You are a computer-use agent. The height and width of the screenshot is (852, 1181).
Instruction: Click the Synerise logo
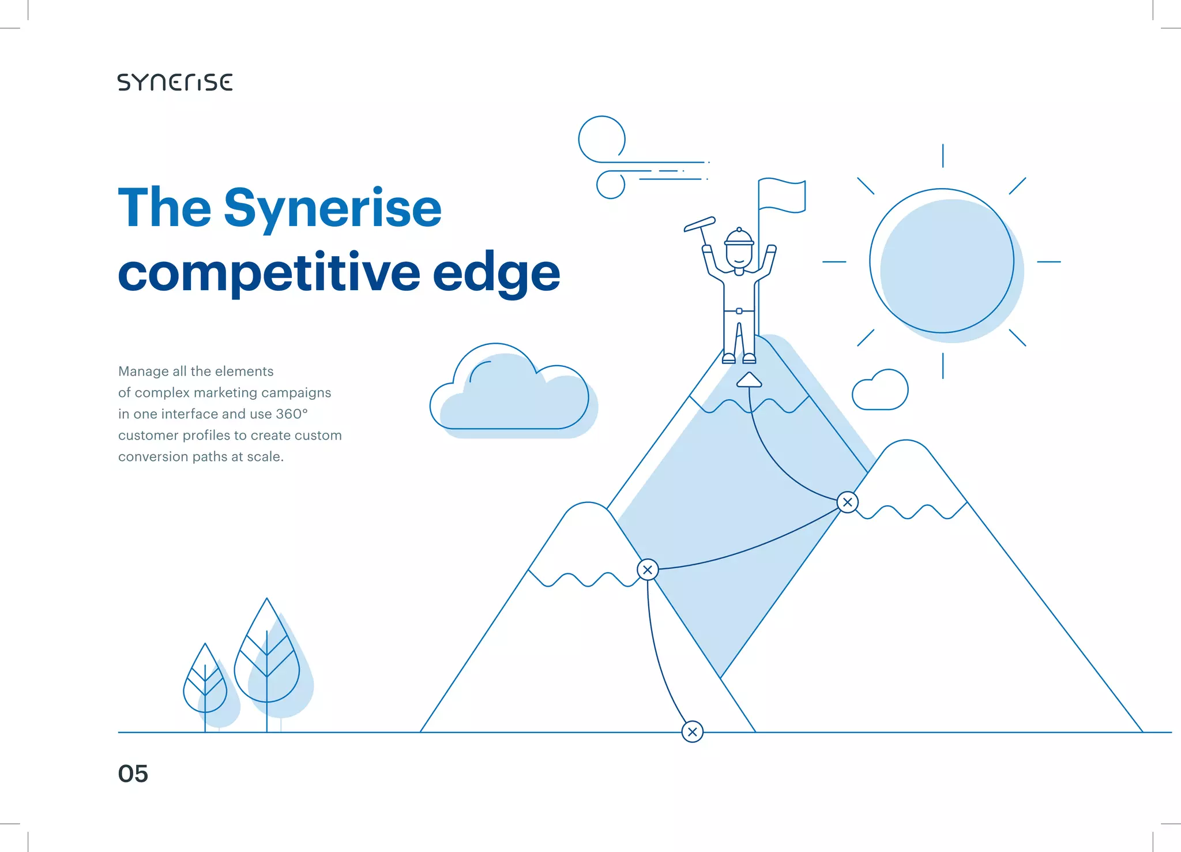[x=175, y=82]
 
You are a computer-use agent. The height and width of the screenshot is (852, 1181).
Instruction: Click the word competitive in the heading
[x=269, y=273]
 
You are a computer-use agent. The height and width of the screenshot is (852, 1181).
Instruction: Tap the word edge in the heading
[x=496, y=273]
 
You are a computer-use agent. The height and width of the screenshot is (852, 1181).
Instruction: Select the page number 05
[x=133, y=774]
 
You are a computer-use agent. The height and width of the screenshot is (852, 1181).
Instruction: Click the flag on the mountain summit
[x=782, y=195]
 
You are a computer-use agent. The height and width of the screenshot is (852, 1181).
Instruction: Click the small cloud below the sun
[x=881, y=391]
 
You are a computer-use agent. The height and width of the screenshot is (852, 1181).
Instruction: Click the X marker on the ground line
[x=692, y=732]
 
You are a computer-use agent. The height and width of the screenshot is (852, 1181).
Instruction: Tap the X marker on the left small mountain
[x=648, y=570]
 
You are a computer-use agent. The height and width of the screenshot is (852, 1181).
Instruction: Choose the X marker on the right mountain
[x=847, y=502]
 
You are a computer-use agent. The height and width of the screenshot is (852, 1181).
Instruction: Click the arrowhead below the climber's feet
[x=749, y=380]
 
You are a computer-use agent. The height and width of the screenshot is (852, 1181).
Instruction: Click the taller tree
[x=266, y=658]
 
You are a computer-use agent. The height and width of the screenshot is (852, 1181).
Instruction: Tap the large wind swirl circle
[x=601, y=139]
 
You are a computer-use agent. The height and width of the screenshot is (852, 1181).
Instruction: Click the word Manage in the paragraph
[x=143, y=371]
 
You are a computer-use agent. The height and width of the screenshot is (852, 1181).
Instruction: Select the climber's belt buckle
[x=739, y=311]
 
